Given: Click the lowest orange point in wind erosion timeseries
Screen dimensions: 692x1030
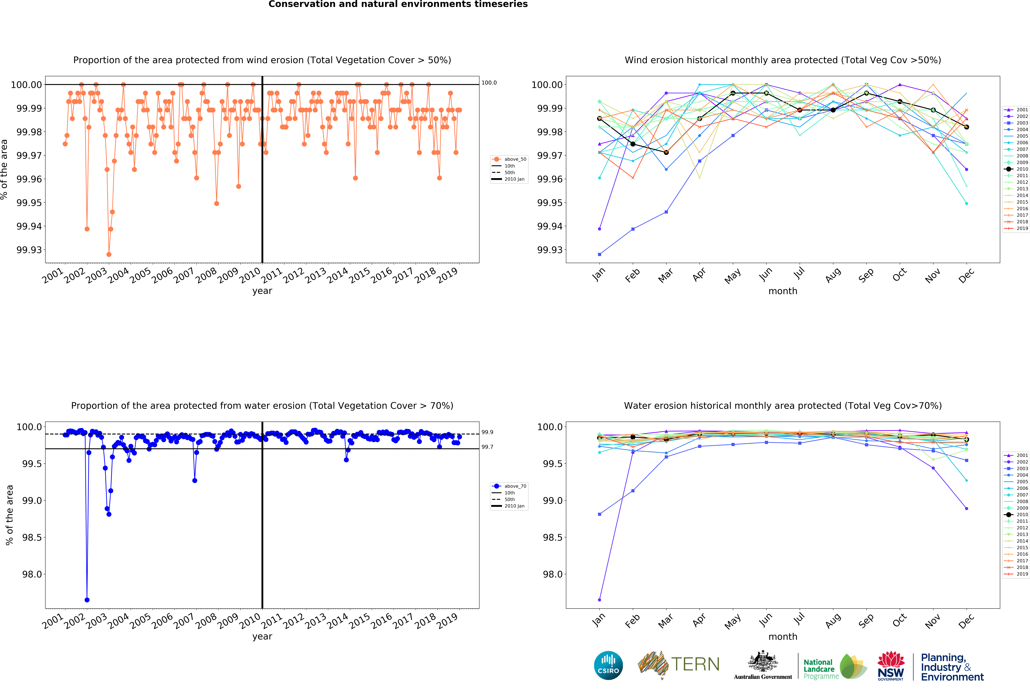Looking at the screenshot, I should (109, 254).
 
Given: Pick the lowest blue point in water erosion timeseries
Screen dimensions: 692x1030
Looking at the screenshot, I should (87, 600).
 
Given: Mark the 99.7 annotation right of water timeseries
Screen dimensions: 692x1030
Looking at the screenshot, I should (487, 447).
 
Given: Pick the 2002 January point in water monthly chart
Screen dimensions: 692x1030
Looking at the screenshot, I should (599, 600).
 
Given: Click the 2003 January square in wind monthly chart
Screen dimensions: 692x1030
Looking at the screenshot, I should (599, 254).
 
